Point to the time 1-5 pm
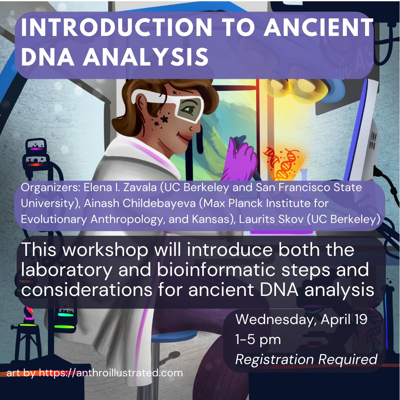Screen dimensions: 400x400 click(x=258, y=339)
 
